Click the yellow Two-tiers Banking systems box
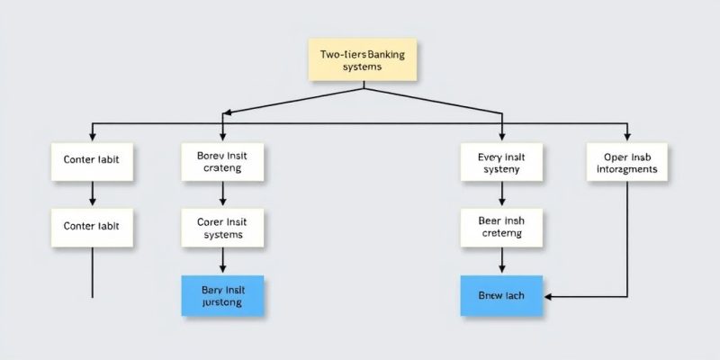click(x=363, y=60)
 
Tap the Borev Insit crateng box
click(x=222, y=161)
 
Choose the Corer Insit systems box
click(x=222, y=227)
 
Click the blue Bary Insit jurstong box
click(x=222, y=295)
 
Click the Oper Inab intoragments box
click(x=627, y=161)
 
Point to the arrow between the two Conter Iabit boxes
click(x=93, y=193)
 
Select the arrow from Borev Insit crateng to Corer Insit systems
click(x=222, y=193)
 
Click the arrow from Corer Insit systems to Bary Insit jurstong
click(x=222, y=261)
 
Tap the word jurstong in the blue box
click(x=222, y=303)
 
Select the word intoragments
click(x=627, y=168)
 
